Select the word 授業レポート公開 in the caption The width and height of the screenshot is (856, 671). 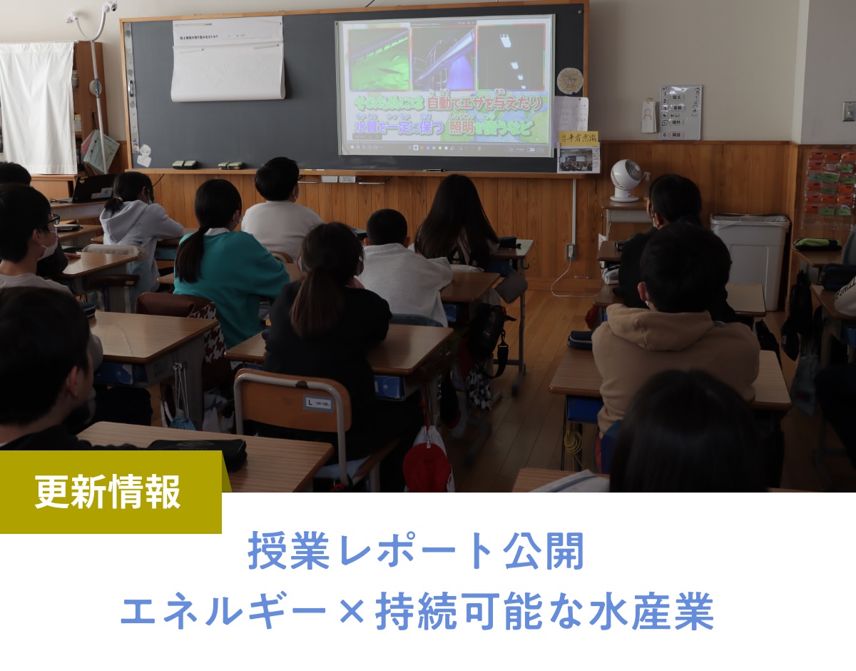[416, 553]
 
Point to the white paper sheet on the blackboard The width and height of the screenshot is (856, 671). [228, 60]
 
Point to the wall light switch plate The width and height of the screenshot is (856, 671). [848, 111]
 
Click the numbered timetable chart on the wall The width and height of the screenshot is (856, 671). [680, 112]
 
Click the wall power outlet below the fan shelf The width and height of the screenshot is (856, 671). [571, 251]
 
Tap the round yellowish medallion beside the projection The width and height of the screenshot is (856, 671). [569, 81]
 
